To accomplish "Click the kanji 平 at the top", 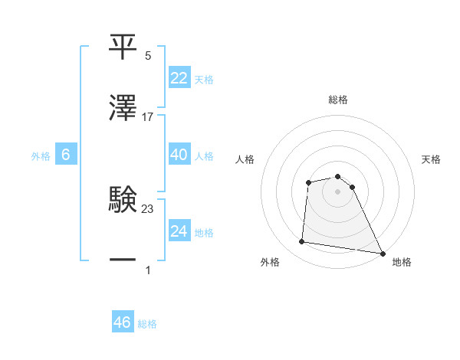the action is click(123, 46).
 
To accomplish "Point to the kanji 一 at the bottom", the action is click(123, 260).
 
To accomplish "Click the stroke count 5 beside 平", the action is click(148, 56).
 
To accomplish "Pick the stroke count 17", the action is click(148, 117).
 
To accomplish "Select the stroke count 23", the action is click(148, 208).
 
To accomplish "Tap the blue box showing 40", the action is click(179, 155).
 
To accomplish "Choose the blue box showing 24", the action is click(179, 231).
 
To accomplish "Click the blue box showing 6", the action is click(65, 155).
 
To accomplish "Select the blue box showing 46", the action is click(123, 322).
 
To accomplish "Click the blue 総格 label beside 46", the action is click(147, 324).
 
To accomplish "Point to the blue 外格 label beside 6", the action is click(41, 156).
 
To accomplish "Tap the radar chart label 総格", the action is click(338, 100).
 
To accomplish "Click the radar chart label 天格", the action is click(432, 159).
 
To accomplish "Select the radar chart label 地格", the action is click(402, 263).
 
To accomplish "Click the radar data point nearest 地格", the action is click(383, 253).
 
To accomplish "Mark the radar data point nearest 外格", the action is click(302, 242).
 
